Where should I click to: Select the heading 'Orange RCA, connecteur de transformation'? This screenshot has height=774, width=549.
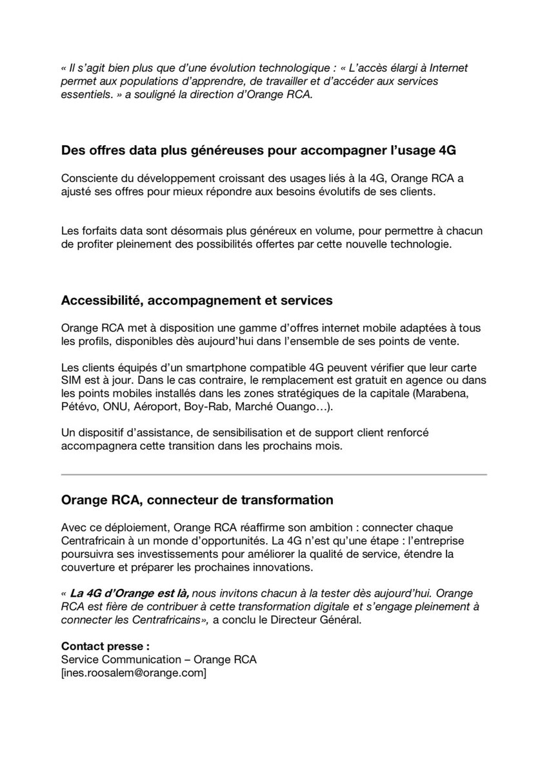[x=197, y=499]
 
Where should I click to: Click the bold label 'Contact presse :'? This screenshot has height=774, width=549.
[x=105, y=646]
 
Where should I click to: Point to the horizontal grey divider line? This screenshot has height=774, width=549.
[x=274, y=475]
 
